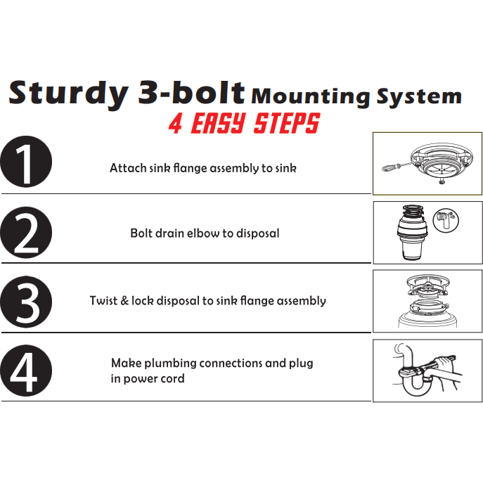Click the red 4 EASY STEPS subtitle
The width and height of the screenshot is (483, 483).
[x=244, y=124]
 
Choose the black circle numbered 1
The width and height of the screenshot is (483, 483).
[x=26, y=162]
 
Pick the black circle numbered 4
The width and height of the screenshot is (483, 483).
[x=26, y=371]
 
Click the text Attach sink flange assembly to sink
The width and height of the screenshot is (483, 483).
[x=202, y=168]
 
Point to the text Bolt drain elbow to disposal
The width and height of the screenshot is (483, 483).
[x=205, y=233]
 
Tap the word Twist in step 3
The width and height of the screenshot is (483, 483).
[x=104, y=300]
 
